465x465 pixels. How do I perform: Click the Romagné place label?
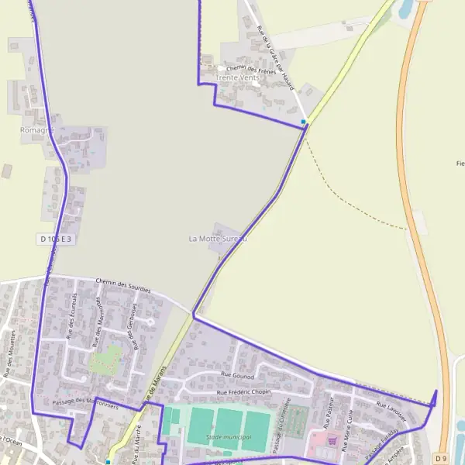coord(37,131)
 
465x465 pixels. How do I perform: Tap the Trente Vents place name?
coord(238,78)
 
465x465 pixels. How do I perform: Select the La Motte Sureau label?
coord(218,239)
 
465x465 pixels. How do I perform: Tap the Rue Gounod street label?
coord(237,374)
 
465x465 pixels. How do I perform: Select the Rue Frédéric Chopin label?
coord(244,392)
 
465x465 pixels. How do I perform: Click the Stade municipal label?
coord(229,438)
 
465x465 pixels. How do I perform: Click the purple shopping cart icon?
coord(332,440)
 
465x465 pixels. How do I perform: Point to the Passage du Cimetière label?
coord(282,425)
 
